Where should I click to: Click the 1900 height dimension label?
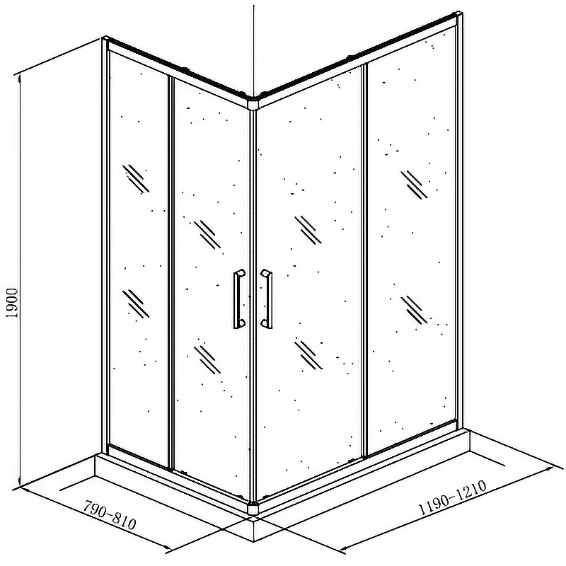pyautogui.click(x=12, y=303)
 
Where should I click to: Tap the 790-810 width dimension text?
pyautogui.click(x=110, y=514)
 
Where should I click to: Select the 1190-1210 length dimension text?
pyautogui.click(x=452, y=498)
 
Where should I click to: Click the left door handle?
pyautogui.click(x=238, y=299)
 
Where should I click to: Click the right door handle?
pyautogui.click(x=267, y=299)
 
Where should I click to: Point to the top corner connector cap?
pyautogui.click(x=254, y=102)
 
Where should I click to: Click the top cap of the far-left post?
pyautogui.click(x=105, y=38)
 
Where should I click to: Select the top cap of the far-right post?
pyautogui.click(x=458, y=14)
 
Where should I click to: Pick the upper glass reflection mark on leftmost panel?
pyautogui.click(x=136, y=179)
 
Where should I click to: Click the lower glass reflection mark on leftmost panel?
pyautogui.click(x=136, y=304)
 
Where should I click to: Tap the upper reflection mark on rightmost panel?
pyautogui.click(x=414, y=185)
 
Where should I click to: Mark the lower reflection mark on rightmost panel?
pyautogui.click(x=414, y=310)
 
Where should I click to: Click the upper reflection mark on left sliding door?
pyautogui.click(x=207, y=235)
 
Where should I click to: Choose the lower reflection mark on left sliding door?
pyautogui.click(x=207, y=359)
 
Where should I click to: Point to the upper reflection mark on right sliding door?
pyautogui.click(x=308, y=230)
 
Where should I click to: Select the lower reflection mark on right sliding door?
pyautogui.click(x=308, y=355)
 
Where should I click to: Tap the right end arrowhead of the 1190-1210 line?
pyautogui.click(x=550, y=468)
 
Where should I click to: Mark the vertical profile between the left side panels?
pyautogui.click(x=171, y=272)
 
